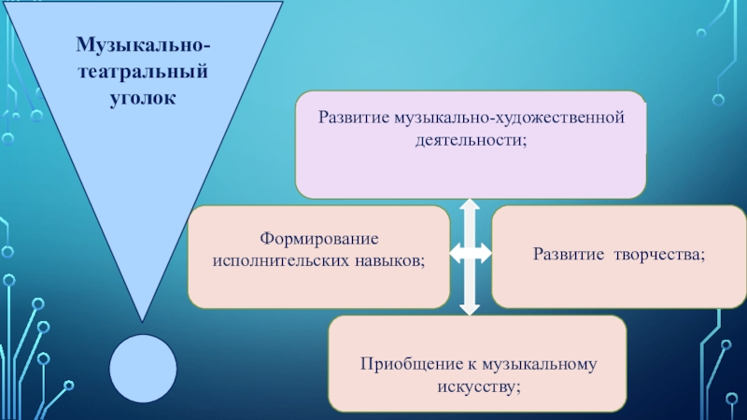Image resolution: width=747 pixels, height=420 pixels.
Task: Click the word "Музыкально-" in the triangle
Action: [x=143, y=45]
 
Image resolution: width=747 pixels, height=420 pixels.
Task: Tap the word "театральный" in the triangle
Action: [x=143, y=70]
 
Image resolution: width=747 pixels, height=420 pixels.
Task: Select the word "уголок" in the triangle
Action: [x=143, y=95]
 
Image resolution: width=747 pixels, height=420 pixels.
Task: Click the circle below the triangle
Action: [x=143, y=367]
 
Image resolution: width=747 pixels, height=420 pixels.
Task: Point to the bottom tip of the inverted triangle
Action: [x=143, y=317]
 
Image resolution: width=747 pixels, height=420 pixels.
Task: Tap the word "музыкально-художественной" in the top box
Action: [x=507, y=118]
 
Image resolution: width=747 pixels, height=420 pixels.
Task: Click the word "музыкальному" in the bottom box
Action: [x=535, y=362]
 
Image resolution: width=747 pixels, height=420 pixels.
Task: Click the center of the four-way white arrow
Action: [x=471, y=253]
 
